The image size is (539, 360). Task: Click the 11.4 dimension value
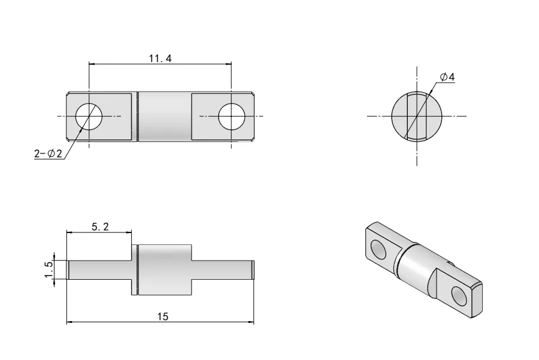coord(160,58)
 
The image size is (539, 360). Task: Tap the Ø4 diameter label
coord(447,77)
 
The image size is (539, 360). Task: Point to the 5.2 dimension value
coord(99,226)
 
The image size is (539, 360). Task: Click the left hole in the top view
coord(89,116)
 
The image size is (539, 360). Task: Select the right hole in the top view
coord(231,116)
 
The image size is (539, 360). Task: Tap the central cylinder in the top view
coord(165,116)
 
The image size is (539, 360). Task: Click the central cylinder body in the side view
coord(165,270)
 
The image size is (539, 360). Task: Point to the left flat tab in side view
coord(99,270)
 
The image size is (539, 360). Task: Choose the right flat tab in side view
coord(223,270)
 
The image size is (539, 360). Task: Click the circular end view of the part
coord(417,116)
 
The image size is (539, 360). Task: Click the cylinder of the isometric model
coord(416,267)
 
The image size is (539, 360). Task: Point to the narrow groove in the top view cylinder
coord(138,116)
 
